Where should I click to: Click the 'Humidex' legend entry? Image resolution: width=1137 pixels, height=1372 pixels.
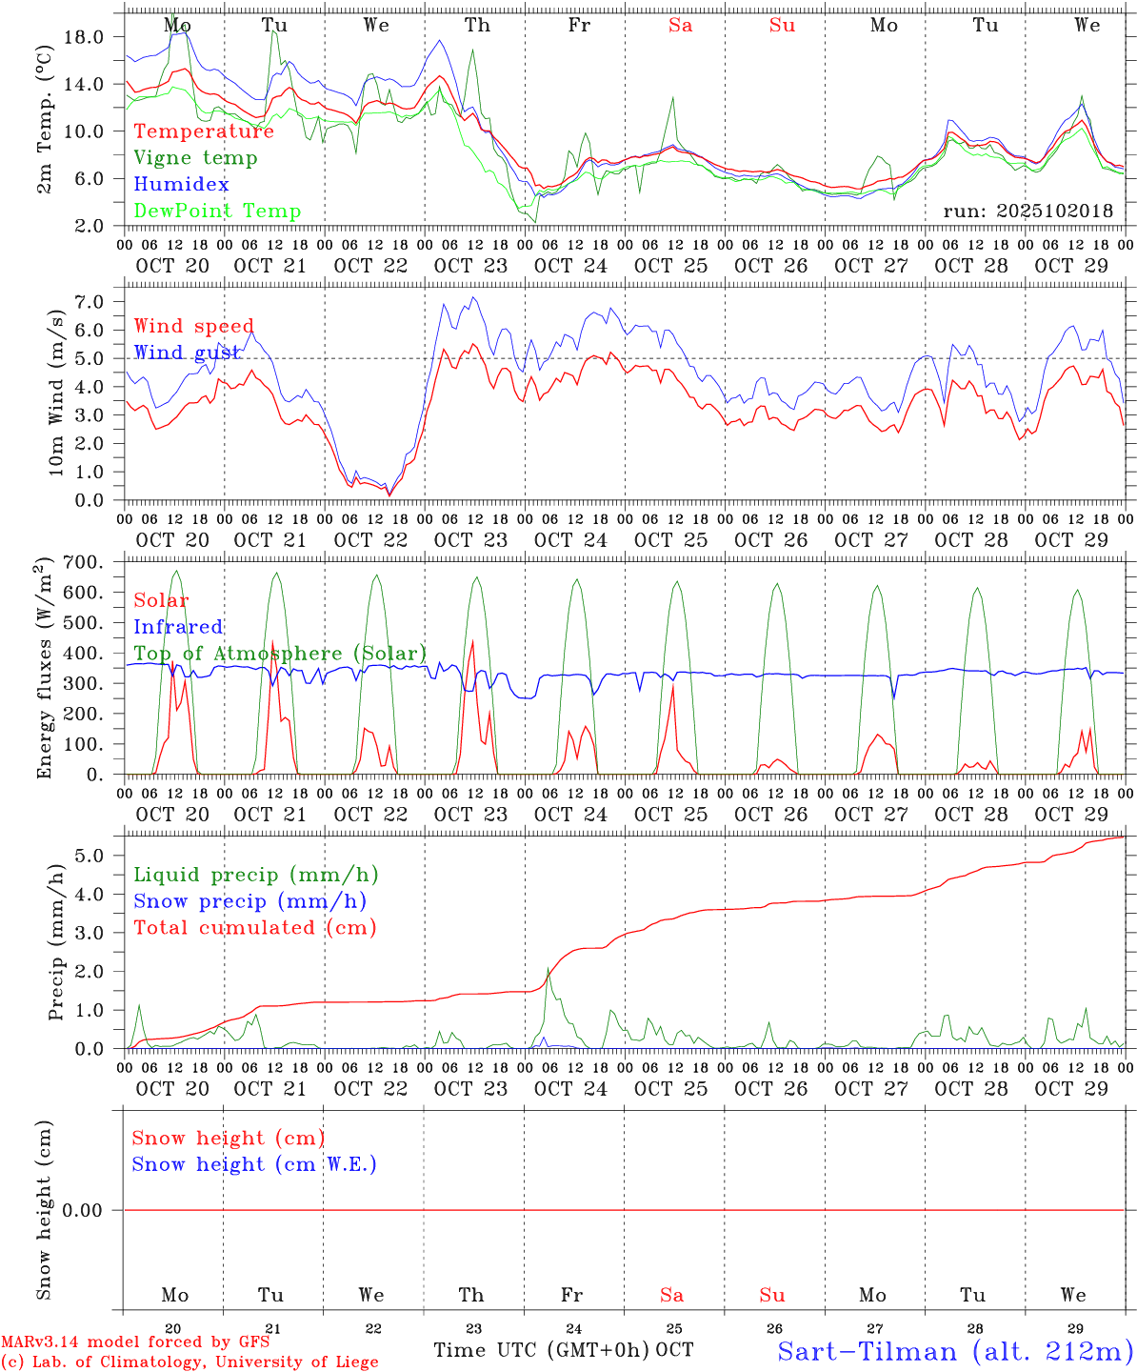(x=181, y=185)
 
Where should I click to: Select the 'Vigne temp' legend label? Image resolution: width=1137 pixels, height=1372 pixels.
(x=195, y=158)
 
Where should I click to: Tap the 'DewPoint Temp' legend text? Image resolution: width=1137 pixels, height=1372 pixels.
(x=217, y=212)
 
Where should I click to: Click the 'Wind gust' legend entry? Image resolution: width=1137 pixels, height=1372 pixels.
(x=187, y=353)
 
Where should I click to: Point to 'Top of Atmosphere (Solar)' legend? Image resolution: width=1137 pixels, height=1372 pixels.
(x=280, y=654)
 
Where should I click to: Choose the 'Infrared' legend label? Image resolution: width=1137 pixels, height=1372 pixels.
(x=178, y=627)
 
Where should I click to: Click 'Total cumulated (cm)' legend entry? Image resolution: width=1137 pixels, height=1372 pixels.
(x=254, y=928)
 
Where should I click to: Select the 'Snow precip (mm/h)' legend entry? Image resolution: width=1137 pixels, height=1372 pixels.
(x=249, y=901)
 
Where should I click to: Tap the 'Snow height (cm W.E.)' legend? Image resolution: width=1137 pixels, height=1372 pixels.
(x=254, y=1164)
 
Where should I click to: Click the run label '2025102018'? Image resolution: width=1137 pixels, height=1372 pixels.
(x=1027, y=212)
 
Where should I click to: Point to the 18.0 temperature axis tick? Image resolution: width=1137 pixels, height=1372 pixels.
(x=83, y=37)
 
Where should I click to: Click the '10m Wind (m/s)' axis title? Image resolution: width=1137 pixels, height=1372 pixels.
(x=58, y=393)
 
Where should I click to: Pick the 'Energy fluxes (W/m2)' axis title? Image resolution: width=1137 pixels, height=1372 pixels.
(x=44, y=671)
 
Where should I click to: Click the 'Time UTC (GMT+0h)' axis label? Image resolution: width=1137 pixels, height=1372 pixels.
(x=541, y=1350)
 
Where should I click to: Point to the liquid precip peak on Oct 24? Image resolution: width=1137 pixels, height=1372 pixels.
(x=549, y=969)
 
